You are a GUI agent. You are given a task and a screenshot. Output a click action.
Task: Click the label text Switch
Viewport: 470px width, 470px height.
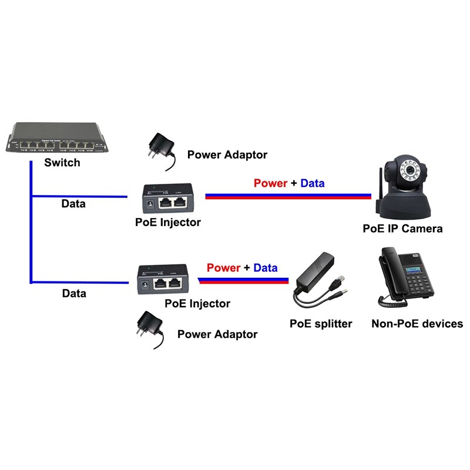tap(62, 163)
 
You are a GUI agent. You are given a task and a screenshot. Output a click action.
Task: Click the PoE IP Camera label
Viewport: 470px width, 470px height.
tap(402, 229)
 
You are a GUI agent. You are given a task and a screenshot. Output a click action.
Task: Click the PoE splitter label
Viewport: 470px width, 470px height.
tap(321, 324)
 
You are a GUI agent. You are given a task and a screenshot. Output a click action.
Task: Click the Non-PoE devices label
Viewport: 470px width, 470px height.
tap(417, 324)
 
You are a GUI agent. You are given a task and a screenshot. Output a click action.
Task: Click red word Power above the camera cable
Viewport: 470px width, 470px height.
tap(270, 183)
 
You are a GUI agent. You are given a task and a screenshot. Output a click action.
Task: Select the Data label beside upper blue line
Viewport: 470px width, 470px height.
tap(73, 204)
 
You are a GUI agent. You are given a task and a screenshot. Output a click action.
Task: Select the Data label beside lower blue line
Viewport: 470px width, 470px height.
tap(74, 293)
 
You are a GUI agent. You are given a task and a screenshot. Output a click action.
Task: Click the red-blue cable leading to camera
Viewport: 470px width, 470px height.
tap(288, 196)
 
